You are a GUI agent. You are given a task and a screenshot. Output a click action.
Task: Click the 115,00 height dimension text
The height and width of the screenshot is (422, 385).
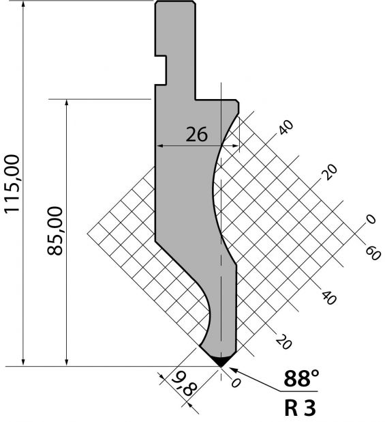tap(12, 184)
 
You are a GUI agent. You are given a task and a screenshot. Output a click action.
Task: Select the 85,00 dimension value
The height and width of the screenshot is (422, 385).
tap(55, 231)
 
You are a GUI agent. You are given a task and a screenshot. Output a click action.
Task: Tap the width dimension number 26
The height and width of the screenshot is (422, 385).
tap(197, 135)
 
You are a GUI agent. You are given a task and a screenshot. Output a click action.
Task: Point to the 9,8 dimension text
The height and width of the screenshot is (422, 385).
tap(185, 384)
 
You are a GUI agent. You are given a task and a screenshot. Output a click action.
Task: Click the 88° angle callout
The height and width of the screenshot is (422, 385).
tap(301, 378)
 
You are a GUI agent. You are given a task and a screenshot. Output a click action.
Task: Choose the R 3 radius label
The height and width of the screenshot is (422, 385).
tap(300, 408)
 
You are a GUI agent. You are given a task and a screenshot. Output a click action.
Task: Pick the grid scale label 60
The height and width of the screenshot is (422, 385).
tap(373, 253)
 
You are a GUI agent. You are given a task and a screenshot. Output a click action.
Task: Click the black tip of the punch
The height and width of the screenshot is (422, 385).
tap(221, 361)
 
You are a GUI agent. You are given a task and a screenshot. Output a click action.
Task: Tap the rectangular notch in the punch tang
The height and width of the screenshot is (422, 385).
tap(161, 70)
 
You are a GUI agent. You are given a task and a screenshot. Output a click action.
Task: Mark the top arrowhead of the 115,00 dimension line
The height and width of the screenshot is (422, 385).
tap(23, 4)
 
